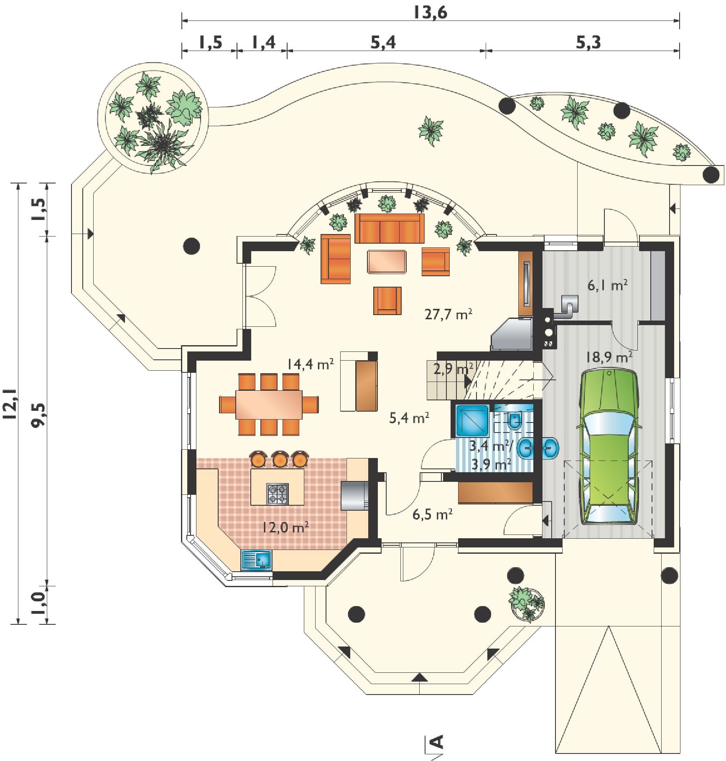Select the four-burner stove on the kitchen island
[x=278, y=494]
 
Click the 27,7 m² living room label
[x=448, y=314]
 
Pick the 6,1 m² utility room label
[x=607, y=286]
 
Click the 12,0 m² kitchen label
[x=285, y=527]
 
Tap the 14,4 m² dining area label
[x=310, y=364]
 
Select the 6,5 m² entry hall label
[x=433, y=514]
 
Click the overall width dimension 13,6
[x=431, y=13]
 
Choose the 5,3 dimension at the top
[x=588, y=42]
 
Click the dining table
[x=269, y=405]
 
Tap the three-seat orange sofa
[x=390, y=228]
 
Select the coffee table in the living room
[x=387, y=262]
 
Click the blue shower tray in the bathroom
[x=473, y=420]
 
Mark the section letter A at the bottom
[x=436, y=741]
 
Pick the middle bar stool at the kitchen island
[x=280, y=458]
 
